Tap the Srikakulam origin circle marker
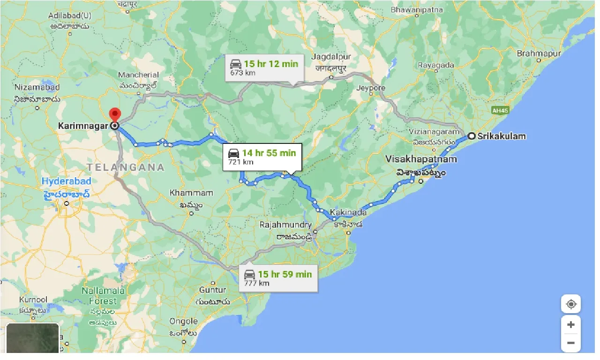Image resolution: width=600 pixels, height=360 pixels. (472, 136)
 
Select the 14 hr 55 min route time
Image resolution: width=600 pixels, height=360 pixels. (269, 153)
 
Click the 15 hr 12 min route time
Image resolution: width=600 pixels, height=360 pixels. (270, 64)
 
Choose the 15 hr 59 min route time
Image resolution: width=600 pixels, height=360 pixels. (285, 274)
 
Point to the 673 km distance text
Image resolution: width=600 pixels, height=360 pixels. (242, 73)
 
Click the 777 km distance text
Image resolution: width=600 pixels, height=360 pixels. (256, 283)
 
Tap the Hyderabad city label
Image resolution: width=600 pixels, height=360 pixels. (65, 181)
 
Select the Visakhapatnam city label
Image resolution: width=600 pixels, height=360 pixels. (421, 159)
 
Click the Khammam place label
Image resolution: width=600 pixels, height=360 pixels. (191, 193)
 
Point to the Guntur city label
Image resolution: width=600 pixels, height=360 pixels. (212, 290)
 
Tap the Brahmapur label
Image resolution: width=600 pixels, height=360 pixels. (539, 53)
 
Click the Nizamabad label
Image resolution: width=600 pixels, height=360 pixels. (37, 87)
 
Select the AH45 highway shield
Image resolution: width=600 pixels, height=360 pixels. (500, 111)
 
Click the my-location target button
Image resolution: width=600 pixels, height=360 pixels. (570, 304)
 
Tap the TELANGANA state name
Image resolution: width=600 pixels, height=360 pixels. (126, 167)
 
